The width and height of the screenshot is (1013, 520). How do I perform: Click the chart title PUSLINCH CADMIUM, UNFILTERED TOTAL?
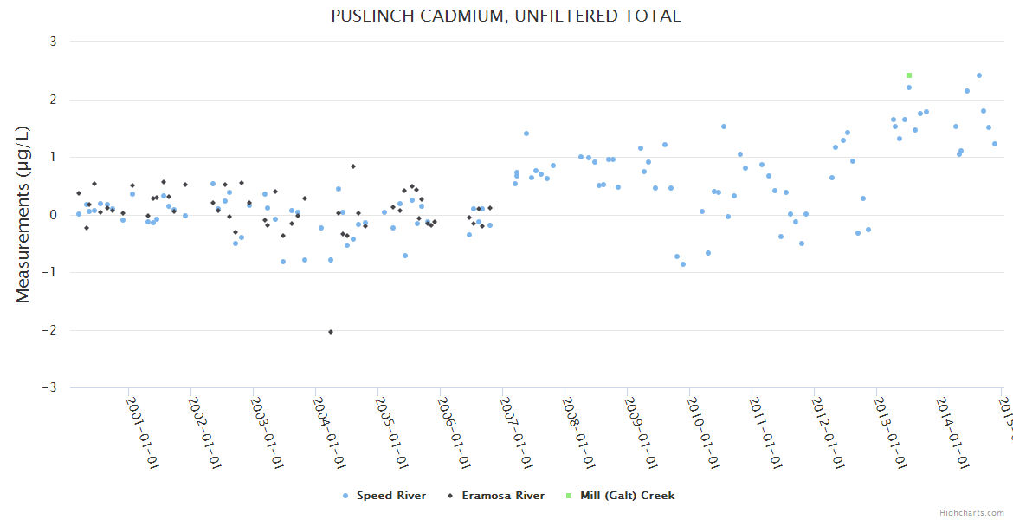(x=506, y=16)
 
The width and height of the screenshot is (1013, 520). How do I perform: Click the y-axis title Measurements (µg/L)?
(x=23, y=214)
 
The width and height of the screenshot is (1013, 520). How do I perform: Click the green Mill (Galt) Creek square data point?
(x=909, y=75)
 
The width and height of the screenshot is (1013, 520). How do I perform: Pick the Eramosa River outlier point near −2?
(x=331, y=332)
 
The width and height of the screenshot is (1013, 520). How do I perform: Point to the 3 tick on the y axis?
(x=53, y=42)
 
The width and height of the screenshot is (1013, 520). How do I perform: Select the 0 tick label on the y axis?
(x=53, y=215)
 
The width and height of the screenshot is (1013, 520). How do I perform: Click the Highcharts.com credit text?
(x=971, y=513)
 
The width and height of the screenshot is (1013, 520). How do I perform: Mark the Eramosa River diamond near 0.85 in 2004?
(x=353, y=166)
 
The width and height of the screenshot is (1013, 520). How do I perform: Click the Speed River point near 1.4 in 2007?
(x=526, y=133)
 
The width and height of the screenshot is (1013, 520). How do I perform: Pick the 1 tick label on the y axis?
(x=53, y=157)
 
